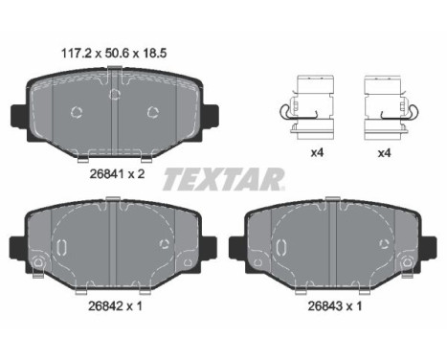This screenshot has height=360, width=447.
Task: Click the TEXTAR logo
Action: click(x=224, y=177)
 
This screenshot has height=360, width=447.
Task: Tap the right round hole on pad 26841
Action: click(x=151, y=112)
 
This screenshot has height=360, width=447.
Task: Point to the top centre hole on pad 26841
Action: click(x=115, y=93)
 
